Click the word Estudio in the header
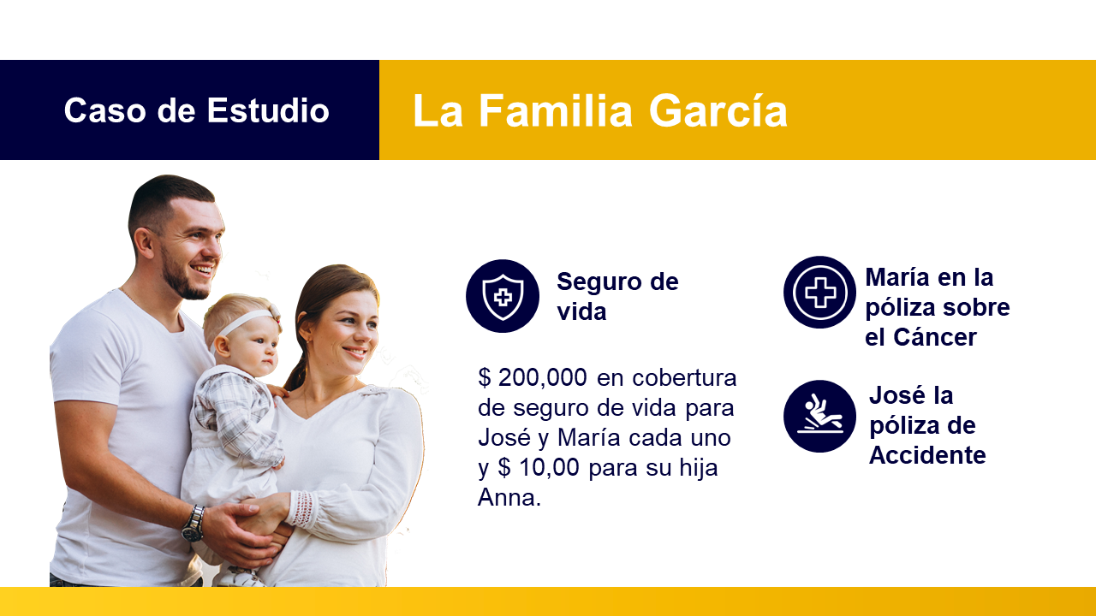click(268, 110)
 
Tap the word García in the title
click(718, 110)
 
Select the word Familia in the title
click(556, 110)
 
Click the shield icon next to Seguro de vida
click(503, 296)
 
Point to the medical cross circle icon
click(820, 293)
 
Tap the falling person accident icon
click(820, 416)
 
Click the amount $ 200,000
click(533, 378)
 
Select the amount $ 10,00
click(539, 467)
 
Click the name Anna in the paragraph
click(509, 498)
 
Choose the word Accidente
click(927, 455)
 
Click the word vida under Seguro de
click(581, 311)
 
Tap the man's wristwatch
click(194, 523)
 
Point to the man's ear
click(143, 243)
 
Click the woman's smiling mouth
click(355, 352)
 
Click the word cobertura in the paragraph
click(684, 378)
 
